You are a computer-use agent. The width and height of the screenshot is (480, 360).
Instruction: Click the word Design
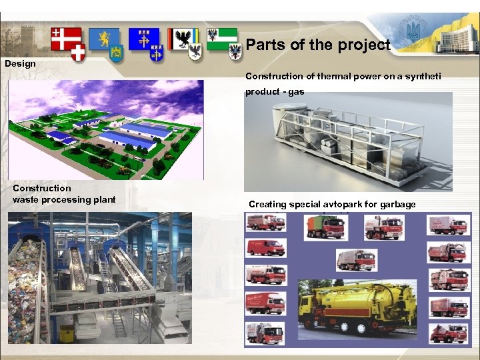pyautogui.click(x=20, y=64)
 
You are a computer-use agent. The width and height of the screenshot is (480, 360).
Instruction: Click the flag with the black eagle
pyautogui.click(x=181, y=39)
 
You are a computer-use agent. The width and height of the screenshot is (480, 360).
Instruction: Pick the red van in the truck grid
pyautogui.click(x=265, y=249)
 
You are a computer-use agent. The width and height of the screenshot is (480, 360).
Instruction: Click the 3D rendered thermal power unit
pyautogui.click(x=347, y=141)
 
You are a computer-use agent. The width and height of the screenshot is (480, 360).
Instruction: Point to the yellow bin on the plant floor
pyautogui.click(x=67, y=332)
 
